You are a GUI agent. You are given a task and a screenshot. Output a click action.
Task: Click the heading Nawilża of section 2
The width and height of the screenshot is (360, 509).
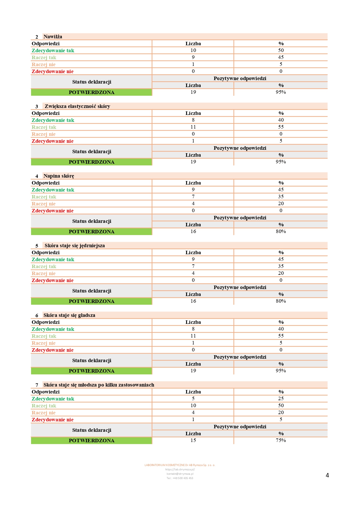[x=53, y=37]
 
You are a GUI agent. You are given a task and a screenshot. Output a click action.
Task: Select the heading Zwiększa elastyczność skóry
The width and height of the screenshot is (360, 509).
[x=77, y=106]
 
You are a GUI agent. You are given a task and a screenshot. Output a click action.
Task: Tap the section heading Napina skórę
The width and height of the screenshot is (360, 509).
[x=59, y=176]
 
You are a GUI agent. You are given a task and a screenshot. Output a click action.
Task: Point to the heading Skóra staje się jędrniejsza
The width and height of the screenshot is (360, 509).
[x=75, y=246]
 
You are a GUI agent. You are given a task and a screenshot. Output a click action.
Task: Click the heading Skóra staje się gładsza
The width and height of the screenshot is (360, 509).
[x=69, y=315]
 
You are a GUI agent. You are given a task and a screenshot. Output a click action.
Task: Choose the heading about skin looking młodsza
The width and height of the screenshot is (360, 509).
[x=99, y=385]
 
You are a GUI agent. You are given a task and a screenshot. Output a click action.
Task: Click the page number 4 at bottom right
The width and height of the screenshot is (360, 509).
[x=327, y=475]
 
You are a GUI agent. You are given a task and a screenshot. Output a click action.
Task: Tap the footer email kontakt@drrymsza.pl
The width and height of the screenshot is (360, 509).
[x=180, y=474]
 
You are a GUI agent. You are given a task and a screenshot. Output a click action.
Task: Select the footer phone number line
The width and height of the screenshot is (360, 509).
[x=180, y=478]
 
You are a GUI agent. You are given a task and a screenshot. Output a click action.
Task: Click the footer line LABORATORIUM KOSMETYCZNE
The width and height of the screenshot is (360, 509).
[x=180, y=465]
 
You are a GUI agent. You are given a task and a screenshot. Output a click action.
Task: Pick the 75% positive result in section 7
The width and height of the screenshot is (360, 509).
[x=281, y=440]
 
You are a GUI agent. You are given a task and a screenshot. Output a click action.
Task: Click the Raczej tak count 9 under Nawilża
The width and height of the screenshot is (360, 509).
[x=193, y=57]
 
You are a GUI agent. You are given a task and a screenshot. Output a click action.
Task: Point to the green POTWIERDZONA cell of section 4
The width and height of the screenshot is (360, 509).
[x=91, y=232]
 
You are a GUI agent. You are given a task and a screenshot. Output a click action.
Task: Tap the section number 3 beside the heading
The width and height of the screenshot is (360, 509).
[x=37, y=107]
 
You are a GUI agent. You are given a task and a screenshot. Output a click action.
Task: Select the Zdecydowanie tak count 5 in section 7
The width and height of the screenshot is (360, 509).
[x=193, y=398]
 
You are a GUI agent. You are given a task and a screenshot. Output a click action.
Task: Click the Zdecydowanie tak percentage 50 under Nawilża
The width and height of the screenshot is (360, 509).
[x=281, y=50]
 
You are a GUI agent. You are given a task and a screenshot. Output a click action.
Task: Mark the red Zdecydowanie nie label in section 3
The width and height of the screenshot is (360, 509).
[x=53, y=141]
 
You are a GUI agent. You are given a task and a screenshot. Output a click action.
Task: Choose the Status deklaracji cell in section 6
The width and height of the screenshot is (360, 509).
[x=91, y=360]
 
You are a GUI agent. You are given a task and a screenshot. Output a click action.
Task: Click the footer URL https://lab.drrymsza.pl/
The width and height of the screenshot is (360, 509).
[x=180, y=470]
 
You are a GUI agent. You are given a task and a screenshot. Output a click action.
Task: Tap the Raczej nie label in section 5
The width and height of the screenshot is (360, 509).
[x=44, y=273]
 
